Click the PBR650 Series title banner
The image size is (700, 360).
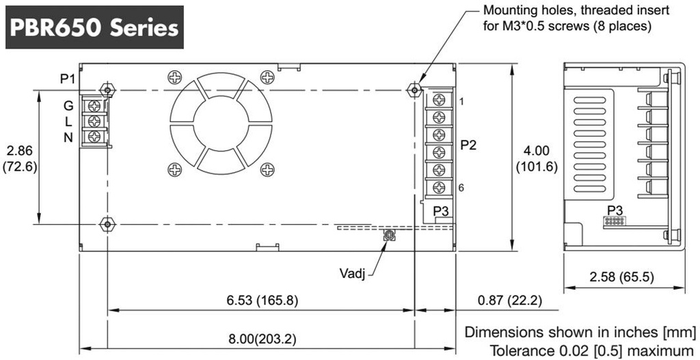coord(94,27)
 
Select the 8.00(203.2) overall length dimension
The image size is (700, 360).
coord(262,339)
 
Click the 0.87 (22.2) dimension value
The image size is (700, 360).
coord(510,300)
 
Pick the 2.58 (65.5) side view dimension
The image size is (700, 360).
coord(622,277)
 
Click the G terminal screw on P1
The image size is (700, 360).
coord(94,106)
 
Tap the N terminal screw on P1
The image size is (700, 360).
coord(94,136)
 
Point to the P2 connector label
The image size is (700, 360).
coord(469,146)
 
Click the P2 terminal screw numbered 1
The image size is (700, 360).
coord(440,100)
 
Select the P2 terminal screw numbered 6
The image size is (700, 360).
coord(440,187)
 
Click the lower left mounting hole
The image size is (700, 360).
coord(107,223)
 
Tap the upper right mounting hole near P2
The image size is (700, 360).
coord(415,90)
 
